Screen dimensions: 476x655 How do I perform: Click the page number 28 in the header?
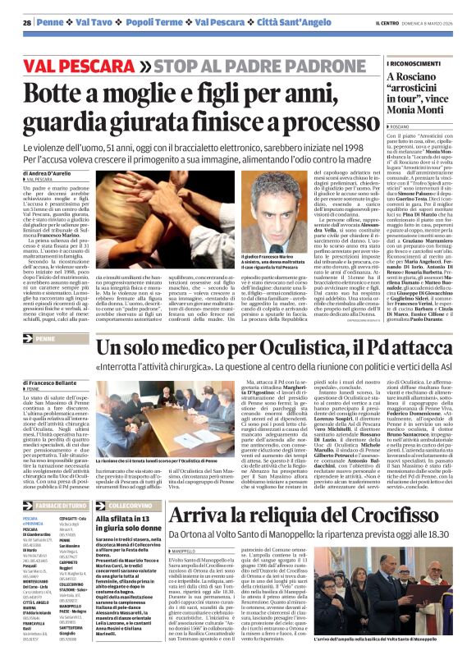(27, 22)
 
